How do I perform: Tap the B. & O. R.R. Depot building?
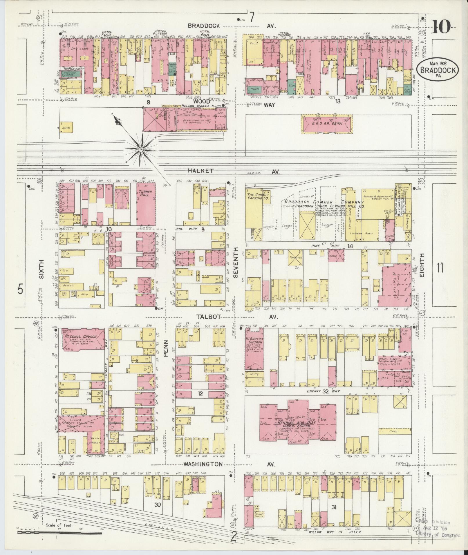click(x=327, y=124)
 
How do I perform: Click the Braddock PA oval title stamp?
click(x=438, y=69)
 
